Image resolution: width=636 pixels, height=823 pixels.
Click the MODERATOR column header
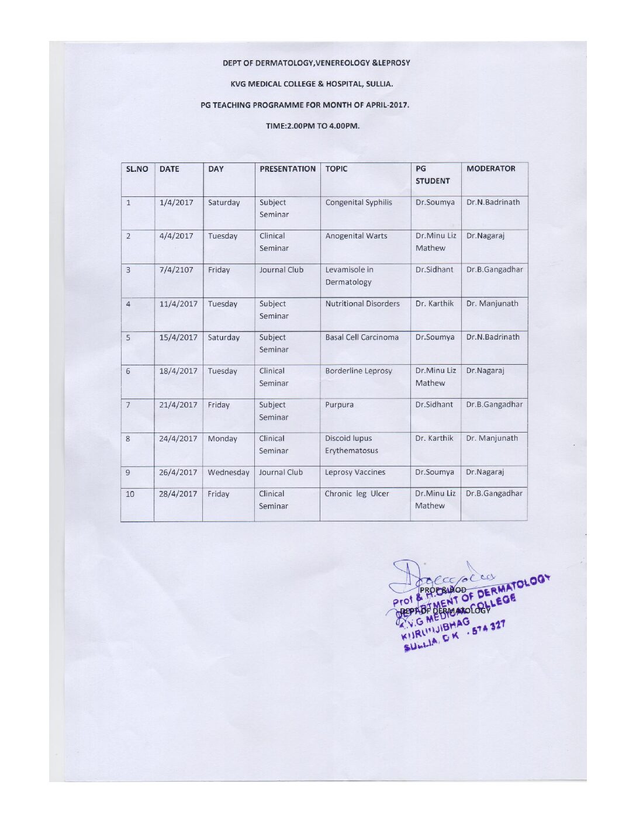click(x=490, y=169)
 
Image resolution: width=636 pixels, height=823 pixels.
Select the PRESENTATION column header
click(x=287, y=169)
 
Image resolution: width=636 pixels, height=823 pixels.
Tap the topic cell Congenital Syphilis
click(x=358, y=203)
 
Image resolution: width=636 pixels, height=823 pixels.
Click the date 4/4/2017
click(x=176, y=236)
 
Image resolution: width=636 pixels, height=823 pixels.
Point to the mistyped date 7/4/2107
click(x=176, y=270)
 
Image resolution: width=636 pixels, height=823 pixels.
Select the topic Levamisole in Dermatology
click(x=349, y=276)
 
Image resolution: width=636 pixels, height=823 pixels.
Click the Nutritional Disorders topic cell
click(x=362, y=304)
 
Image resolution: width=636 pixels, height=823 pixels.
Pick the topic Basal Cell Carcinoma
click(x=362, y=337)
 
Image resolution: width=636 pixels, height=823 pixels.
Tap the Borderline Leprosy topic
click(x=358, y=371)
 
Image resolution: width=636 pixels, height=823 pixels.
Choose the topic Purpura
click(x=339, y=404)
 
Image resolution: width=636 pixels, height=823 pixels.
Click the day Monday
click(x=222, y=439)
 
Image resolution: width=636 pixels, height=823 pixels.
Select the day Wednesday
click(x=228, y=472)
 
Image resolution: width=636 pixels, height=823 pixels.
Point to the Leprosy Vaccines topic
click(x=355, y=472)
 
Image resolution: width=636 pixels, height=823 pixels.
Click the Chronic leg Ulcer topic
click(x=357, y=494)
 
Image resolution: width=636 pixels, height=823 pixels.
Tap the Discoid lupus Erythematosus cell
click(x=351, y=444)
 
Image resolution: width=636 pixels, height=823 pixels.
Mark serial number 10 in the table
click(x=130, y=495)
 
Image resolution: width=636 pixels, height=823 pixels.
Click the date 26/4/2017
click(x=178, y=472)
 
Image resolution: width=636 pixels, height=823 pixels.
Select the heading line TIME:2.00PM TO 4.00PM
click(x=312, y=126)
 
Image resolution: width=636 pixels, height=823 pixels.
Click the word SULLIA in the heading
click(x=379, y=84)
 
